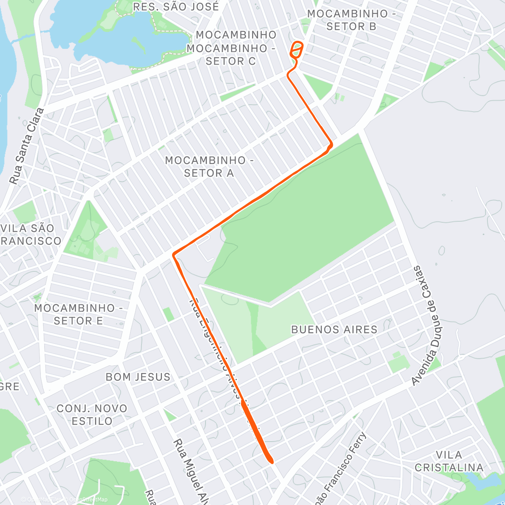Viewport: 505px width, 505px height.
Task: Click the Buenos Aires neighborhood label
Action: click(x=334, y=329)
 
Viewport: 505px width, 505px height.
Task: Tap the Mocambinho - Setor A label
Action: click(x=209, y=167)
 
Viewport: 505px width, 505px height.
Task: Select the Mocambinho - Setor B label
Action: click(x=351, y=20)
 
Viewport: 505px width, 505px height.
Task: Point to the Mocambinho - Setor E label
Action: click(x=78, y=314)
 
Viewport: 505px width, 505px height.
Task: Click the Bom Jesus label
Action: click(x=138, y=377)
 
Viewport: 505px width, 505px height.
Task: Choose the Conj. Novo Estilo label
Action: click(x=92, y=415)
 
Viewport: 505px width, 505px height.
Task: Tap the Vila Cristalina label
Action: click(x=449, y=461)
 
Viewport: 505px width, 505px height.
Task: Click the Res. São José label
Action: click(x=175, y=7)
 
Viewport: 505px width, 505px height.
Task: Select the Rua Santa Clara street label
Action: click(x=27, y=146)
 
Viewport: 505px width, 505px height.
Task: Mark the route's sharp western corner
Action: click(x=173, y=255)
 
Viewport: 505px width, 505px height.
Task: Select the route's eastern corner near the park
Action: click(x=331, y=144)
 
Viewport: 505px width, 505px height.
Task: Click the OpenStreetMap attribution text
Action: click(x=88, y=500)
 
